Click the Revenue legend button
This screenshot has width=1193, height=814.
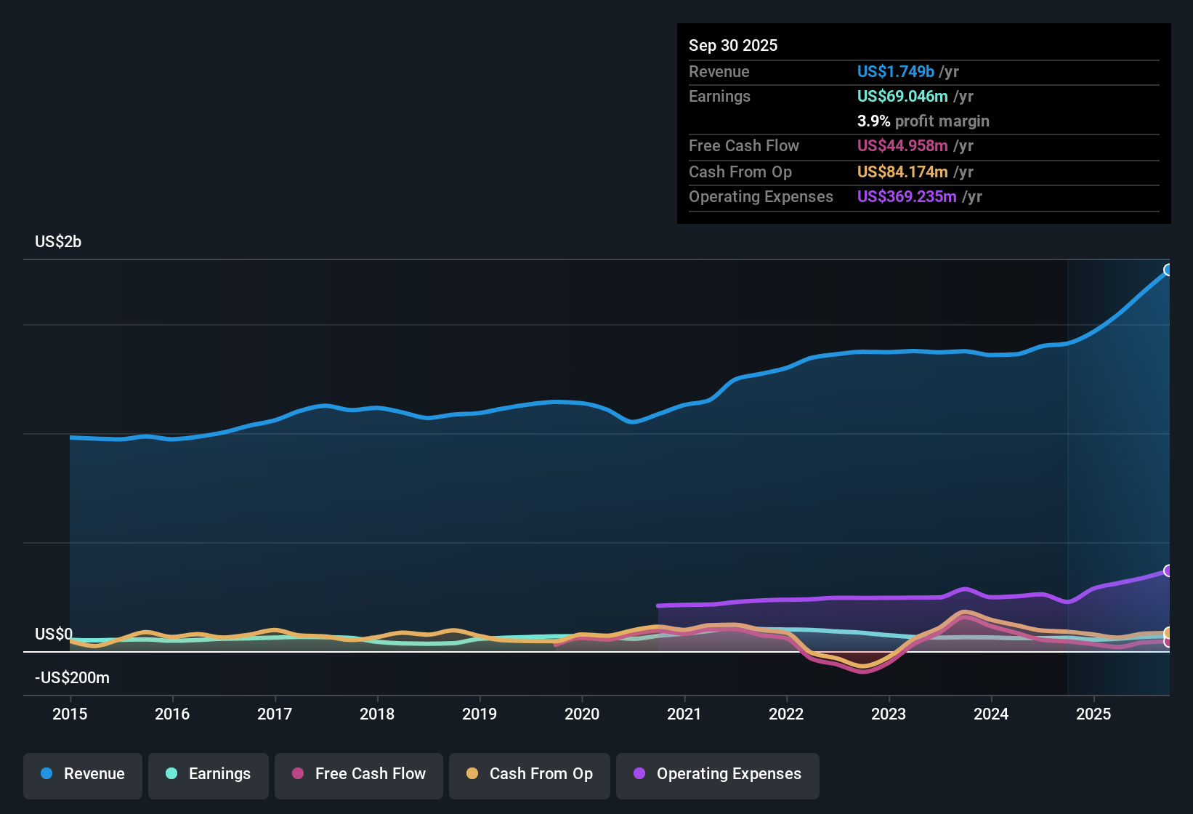coord(83,774)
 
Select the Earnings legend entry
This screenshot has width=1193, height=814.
coord(209,774)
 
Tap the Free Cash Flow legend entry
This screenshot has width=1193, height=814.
coord(359,774)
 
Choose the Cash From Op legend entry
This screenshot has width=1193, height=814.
coord(530,774)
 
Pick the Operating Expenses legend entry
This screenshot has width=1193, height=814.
coord(718,774)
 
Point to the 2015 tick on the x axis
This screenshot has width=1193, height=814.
coord(70,714)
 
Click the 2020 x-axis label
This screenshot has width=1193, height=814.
coord(582,714)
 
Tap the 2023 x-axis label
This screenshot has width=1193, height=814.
coord(889,714)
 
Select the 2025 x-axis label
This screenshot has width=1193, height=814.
coord(1093,714)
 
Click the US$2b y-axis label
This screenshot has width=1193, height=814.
coord(58,242)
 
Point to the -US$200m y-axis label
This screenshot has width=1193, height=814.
coord(72,678)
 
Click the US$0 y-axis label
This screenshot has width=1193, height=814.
coord(54,634)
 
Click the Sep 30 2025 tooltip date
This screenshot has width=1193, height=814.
coord(733,46)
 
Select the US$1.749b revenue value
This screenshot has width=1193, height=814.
coord(895,72)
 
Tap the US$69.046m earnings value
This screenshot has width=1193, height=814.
coord(902,97)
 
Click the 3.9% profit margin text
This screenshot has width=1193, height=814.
coord(923,121)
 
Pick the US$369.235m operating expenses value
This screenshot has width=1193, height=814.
coord(906,197)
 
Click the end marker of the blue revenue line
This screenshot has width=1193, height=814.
coord(1168,270)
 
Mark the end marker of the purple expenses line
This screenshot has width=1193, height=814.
coord(1168,571)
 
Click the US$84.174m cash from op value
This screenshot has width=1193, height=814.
coord(902,172)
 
